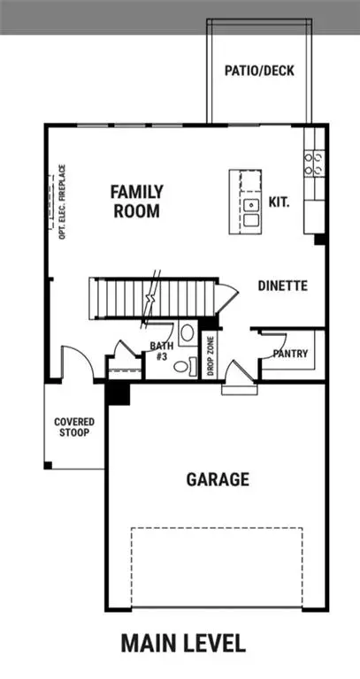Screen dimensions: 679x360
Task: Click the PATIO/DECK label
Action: pyautogui.click(x=259, y=71)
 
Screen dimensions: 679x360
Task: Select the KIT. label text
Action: pyautogui.click(x=280, y=202)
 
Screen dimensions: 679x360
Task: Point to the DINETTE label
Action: pyautogui.click(x=282, y=286)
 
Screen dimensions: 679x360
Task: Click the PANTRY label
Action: pyautogui.click(x=290, y=354)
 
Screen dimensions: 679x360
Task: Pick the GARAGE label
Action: pyautogui.click(x=217, y=480)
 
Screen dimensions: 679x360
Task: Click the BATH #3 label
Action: pyautogui.click(x=161, y=351)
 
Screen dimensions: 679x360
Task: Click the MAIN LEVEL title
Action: pyautogui.click(x=183, y=643)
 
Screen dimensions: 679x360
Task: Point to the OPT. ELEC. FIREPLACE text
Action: pyautogui.click(x=63, y=201)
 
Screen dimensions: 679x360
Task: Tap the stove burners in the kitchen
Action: pyautogui.click(x=313, y=162)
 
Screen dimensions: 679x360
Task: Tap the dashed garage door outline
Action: pyautogui.click(x=217, y=566)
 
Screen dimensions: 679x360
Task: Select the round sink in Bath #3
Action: pyautogui.click(x=187, y=334)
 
